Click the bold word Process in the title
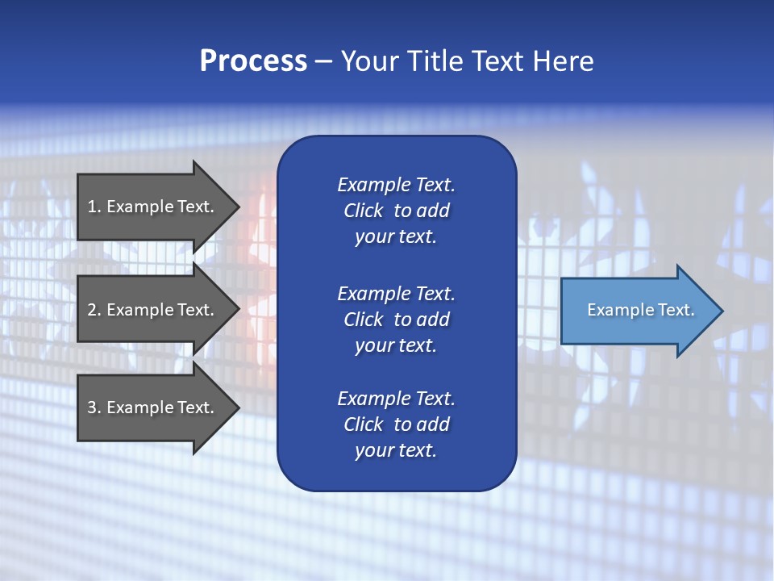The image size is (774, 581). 253,61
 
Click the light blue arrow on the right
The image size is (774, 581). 637,311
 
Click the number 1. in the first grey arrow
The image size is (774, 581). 94,207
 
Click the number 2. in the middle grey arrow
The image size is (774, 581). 94,310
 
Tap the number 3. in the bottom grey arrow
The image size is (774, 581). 94,408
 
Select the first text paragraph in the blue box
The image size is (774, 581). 396,211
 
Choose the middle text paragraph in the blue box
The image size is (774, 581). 396,319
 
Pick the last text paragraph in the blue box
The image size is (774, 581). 396,424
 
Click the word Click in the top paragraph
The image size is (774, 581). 363,211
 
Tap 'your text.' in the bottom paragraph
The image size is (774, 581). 396,450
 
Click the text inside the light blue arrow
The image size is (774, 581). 640,310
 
